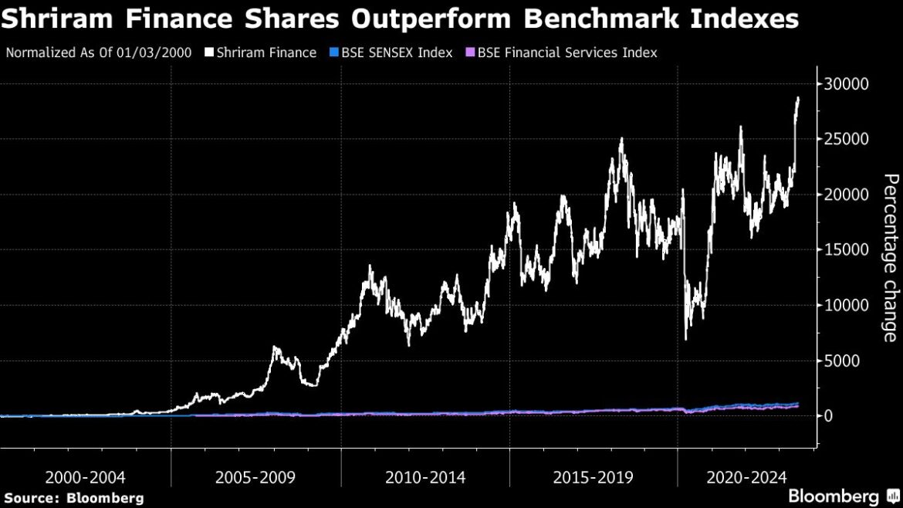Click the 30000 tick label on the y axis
point(847,83)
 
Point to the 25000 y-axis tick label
point(847,139)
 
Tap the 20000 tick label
point(847,195)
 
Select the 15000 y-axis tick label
point(847,249)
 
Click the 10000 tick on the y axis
point(847,305)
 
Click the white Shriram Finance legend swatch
point(208,53)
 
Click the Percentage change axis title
point(890,257)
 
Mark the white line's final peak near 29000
point(798,98)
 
